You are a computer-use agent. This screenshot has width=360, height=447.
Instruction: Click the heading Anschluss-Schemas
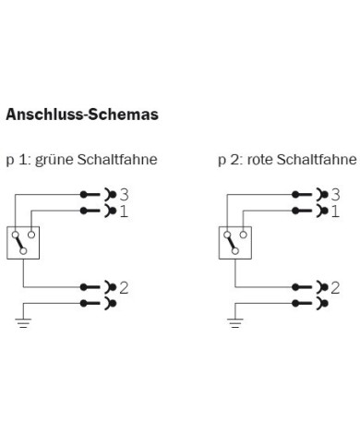click(81, 116)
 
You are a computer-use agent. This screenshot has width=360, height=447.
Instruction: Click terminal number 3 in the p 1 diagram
click(123, 195)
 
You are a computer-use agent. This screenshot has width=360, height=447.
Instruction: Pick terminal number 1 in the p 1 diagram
click(123, 211)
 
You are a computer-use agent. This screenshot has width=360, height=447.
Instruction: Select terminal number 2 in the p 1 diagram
click(123, 286)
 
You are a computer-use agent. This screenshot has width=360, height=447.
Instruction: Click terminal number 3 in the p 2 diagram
click(335, 195)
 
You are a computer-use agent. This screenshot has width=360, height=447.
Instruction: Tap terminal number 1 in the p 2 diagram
click(335, 211)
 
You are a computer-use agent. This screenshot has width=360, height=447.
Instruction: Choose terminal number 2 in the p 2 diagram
click(335, 286)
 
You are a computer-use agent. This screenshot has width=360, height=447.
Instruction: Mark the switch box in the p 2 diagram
click(235, 242)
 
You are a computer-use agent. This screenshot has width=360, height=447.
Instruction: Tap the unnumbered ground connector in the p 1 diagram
click(101, 302)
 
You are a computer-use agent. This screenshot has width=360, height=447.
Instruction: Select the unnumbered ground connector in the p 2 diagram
click(312, 302)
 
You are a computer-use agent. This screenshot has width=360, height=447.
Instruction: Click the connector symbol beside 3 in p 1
click(101, 195)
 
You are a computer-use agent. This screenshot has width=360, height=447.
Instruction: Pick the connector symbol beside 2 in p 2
click(312, 286)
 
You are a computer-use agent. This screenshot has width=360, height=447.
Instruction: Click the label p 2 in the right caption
click(226, 160)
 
